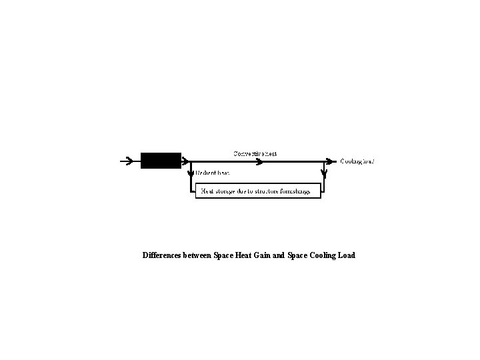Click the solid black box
point(161,161)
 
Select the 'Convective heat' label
point(255,153)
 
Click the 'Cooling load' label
point(357,161)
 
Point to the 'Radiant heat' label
point(213,172)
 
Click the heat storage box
point(257,191)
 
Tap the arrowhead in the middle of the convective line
point(256,161)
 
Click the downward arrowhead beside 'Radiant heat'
point(191,175)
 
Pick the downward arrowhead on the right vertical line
point(325,175)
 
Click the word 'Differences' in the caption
point(162,255)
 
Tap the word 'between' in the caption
point(197,255)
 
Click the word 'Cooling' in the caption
point(323,255)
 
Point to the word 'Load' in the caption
point(347,255)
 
